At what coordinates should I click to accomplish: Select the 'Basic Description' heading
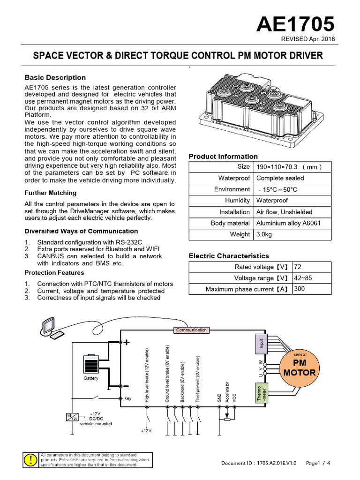coord(55,77)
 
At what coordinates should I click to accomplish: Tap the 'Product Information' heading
coord(223,156)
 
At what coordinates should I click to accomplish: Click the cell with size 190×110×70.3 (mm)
coord(288,167)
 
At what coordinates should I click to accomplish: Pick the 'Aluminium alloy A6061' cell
coord(288,223)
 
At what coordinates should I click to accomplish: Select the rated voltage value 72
coord(297,267)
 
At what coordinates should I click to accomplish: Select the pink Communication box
coord(191,330)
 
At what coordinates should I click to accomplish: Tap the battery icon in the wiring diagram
coord(91,365)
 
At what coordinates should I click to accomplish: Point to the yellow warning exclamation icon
coord(30,460)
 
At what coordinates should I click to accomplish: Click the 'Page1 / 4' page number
coord(318,463)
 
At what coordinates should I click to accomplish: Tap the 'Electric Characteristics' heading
coord(229,256)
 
